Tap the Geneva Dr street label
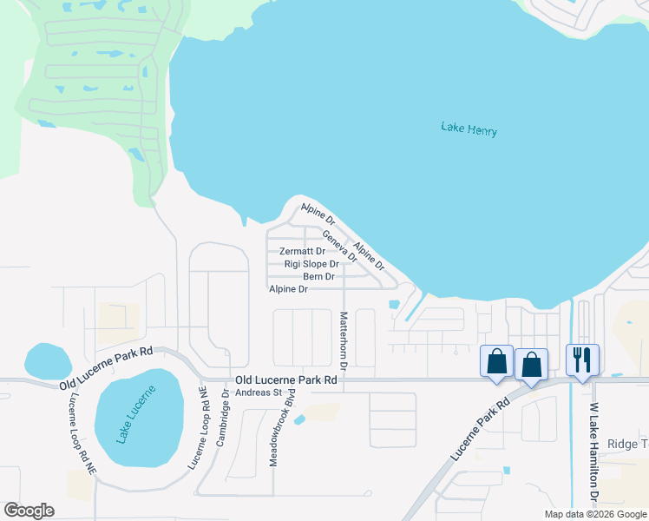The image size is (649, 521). coord(339,246)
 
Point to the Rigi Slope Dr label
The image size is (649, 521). coord(311,264)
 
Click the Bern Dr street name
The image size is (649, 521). coord(318,276)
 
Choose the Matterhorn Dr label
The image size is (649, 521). coord(344,341)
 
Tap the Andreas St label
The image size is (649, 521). coord(260,392)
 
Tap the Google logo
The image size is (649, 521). coord(29,511)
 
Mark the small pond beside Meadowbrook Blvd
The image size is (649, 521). coord(299,421)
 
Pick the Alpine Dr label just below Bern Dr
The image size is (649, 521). coord(289,289)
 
